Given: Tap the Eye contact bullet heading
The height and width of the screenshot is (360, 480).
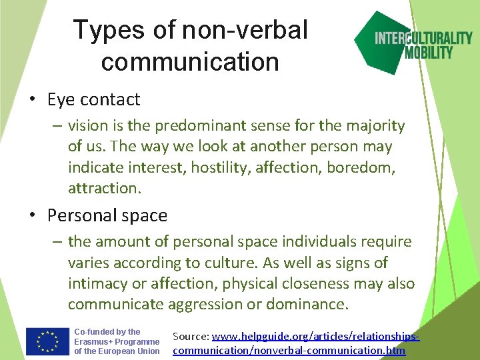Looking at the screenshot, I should click(93, 100).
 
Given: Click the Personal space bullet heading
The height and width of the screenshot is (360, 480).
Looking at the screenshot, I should click(107, 216).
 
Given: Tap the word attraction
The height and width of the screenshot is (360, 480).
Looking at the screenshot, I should click(105, 188).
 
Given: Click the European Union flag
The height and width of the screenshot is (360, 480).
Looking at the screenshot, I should click(47, 342).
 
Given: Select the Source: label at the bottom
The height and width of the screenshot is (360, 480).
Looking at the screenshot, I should click(191, 337).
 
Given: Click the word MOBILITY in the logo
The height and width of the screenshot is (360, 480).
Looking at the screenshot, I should click(429, 52).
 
